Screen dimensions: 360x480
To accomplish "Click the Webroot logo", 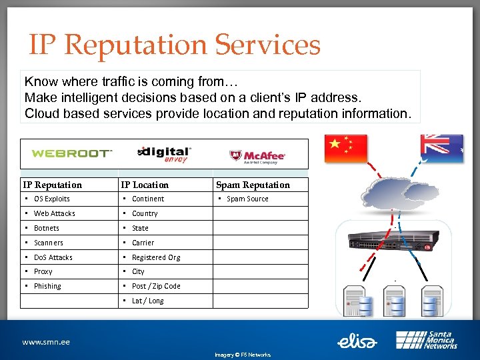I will point(71,153).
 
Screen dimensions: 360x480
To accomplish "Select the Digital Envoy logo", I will point(164,153).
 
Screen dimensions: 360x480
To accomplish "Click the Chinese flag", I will point(345,149).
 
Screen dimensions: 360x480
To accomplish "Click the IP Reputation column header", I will point(53,185).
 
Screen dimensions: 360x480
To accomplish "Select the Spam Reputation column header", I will point(253,185).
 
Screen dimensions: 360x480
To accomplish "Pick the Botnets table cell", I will point(47,228).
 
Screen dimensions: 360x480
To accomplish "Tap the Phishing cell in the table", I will point(47,286).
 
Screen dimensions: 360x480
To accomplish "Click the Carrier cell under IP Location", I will point(143,243).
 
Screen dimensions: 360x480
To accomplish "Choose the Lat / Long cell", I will point(147,301).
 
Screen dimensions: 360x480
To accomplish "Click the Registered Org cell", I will point(156,257).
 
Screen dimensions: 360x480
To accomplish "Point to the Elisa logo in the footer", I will point(357,341).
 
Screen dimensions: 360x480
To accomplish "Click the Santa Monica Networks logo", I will point(427,340).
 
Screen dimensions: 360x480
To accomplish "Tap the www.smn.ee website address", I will point(46,342).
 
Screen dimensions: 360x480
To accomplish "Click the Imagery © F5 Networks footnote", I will point(242,355).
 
